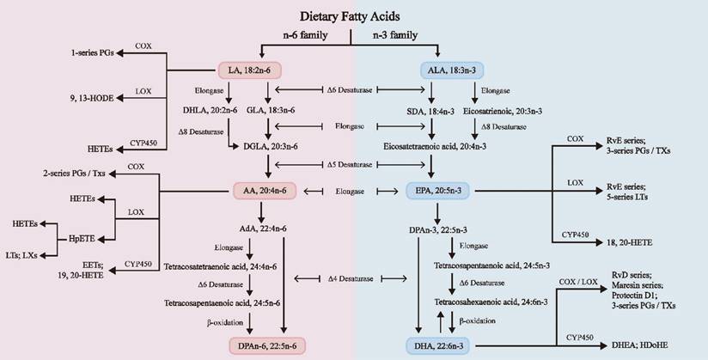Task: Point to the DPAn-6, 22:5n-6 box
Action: click(265, 345)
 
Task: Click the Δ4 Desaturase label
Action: click(353, 278)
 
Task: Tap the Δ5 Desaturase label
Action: click(353, 163)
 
